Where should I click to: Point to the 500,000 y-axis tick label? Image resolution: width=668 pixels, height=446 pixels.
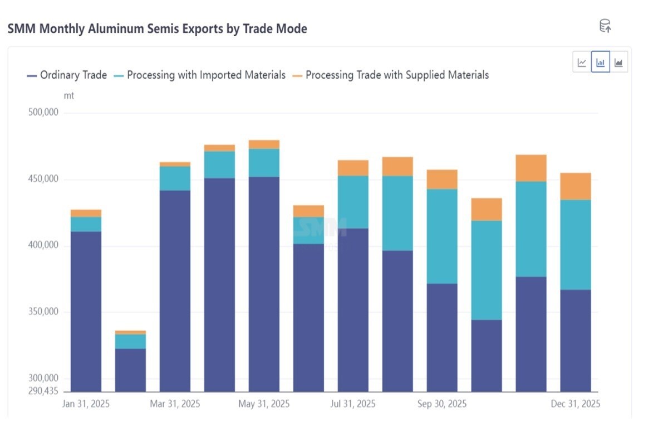click(43, 113)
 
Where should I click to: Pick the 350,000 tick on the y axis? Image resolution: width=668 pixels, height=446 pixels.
click(43, 312)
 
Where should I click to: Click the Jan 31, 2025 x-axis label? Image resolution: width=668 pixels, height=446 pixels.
click(86, 404)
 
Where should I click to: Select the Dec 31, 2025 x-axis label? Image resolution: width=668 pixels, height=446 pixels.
click(576, 404)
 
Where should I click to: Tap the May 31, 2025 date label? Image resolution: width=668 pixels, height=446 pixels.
click(264, 404)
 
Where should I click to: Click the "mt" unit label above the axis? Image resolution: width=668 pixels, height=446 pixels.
click(68, 96)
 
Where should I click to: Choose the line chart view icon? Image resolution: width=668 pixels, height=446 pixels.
click(582, 62)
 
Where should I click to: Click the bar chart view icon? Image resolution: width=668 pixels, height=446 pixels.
click(601, 62)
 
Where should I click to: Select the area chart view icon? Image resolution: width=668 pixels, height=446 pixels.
click(618, 62)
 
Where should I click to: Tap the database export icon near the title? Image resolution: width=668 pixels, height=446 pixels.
click(605, 26)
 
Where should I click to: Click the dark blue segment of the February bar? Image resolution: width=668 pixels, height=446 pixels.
click(130, 370)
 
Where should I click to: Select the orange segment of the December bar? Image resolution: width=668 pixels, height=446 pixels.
click(576, 186)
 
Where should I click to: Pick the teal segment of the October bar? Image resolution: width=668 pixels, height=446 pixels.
click(487, 270)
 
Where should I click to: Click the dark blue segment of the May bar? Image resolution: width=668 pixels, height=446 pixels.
click(264, 284)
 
